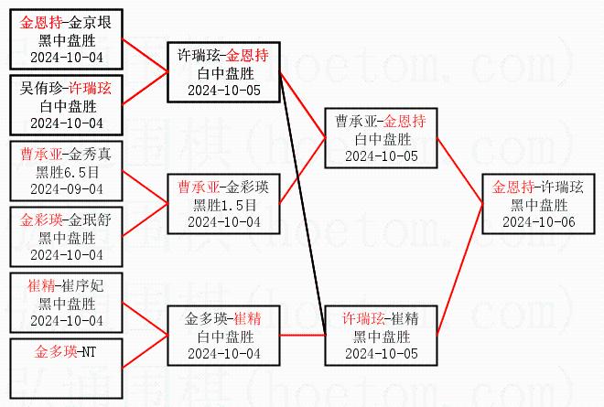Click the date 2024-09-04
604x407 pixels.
tap(66, 188)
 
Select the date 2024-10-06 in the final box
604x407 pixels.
tap(539, 220)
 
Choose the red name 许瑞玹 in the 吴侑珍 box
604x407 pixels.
tap(90, 89)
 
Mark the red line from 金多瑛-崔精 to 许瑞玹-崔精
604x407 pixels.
tap(303, 336)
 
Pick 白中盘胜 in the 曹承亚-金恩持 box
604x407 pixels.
tap(382, 138)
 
